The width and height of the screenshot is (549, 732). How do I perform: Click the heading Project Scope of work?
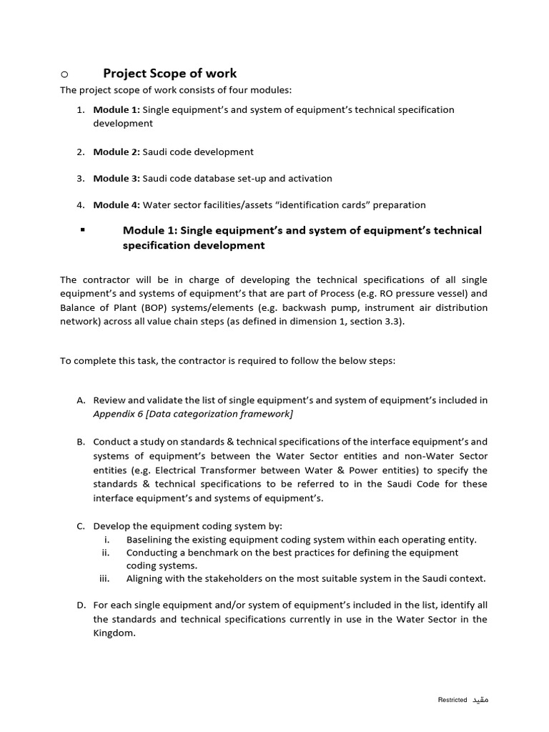pyautogui.click(x=169, y=73)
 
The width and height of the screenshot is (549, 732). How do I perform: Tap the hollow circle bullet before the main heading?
pyautogui.click(x=64, y=74)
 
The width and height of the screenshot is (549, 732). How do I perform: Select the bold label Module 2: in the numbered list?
pyautogui.click(x=117, y=152)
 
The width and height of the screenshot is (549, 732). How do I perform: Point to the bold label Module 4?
pyautogui.click(x=117, y=204)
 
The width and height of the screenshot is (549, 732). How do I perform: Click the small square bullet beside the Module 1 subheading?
pyautogui.click(x=84, y=229)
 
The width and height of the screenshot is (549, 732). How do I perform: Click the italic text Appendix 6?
pyautogui.click(x=118, y=414)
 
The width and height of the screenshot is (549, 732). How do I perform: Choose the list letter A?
pyautogui.click(x=81, y=400)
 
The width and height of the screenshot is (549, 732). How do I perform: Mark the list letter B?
pyautogui.click(x=81, y=442)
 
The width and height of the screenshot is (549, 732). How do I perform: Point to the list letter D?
pyautogui.click(x=81, y=605)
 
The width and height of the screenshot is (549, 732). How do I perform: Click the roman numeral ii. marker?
pyautogui.click(x=105, y=553)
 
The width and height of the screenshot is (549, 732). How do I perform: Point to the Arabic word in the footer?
pyautogui.click(x=480, y=699)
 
